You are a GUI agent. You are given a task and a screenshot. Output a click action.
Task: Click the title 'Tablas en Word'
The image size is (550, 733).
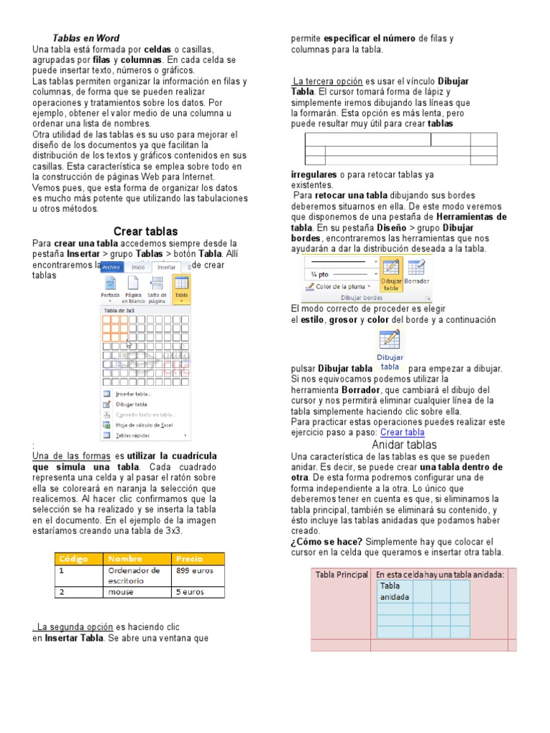point(86,38)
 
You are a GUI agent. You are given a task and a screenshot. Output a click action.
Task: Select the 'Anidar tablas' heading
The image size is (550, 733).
point(404,445)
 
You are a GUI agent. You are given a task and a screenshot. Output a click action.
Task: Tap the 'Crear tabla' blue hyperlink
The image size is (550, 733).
point(402,432)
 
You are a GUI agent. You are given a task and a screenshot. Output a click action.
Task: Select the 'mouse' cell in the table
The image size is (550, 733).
point(121,592)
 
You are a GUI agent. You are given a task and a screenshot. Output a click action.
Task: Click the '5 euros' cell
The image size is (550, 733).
point(190,592)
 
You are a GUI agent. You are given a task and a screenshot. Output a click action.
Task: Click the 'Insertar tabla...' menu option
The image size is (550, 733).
point(133,394)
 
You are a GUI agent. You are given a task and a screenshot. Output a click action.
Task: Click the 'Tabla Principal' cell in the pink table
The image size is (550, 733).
point(342,575)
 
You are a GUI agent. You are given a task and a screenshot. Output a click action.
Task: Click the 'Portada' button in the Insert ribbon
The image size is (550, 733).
point(110,287)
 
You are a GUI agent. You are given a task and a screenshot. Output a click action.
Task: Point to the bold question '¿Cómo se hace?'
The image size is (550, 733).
point(327,542)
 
